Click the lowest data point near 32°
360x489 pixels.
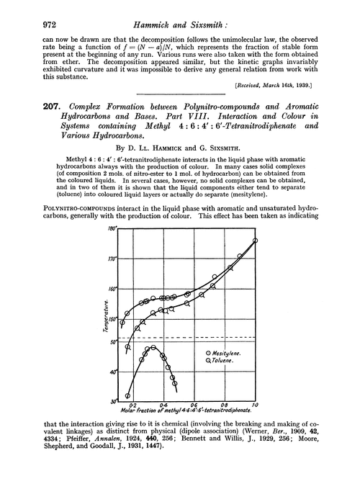coord(128,395)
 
